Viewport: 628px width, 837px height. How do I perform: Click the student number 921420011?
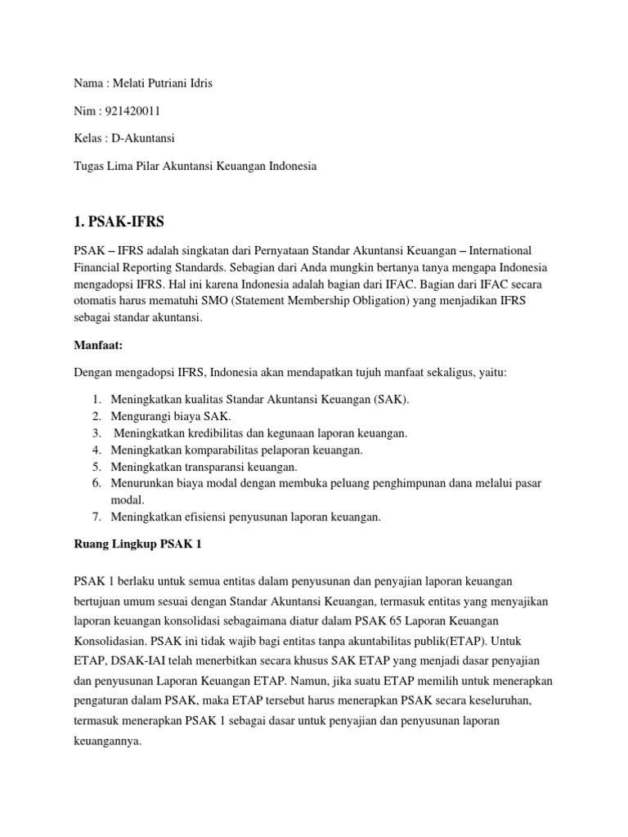tap(128, 111)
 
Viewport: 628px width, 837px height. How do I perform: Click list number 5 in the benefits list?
tap(96, 467)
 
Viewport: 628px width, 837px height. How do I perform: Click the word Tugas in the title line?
tap(87, 165)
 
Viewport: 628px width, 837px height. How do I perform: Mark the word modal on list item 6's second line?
tap(125, 499)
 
